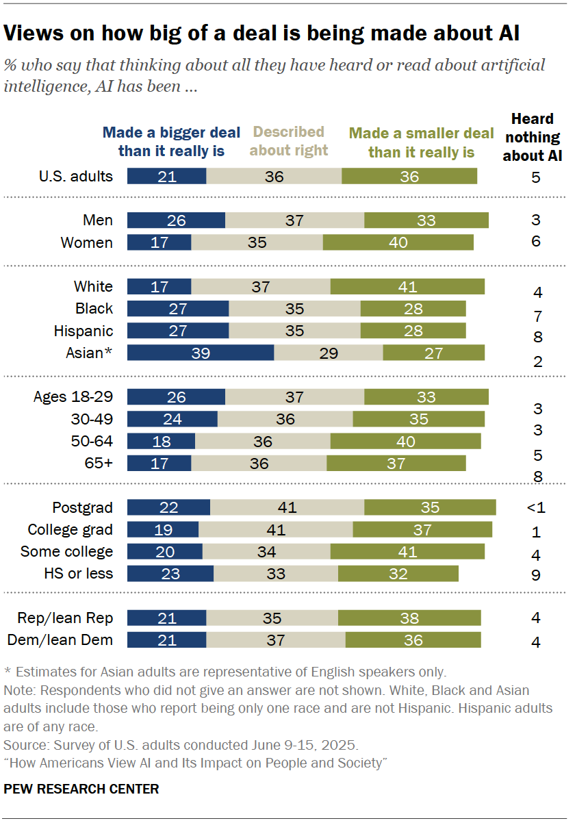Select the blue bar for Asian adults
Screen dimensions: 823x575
(201, 353)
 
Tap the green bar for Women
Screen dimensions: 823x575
(398, 242)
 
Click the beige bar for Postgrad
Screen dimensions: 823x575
(287, 507)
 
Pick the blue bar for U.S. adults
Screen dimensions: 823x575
(166, 176)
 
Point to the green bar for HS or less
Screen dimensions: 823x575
(398, 573)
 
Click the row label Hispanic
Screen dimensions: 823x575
(84, 331)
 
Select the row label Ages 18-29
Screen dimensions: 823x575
(73, 397)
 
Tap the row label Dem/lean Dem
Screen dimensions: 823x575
(60, 640)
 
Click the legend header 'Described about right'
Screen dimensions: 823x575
(288, 140)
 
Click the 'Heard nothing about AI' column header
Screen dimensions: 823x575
(533, 138)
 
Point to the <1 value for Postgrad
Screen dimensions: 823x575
(535, 507)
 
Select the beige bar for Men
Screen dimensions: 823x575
(295, 220)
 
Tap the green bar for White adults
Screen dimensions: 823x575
(407, 286)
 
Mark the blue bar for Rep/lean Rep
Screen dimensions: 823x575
(166, 618)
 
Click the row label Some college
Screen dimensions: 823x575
(66, 551)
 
